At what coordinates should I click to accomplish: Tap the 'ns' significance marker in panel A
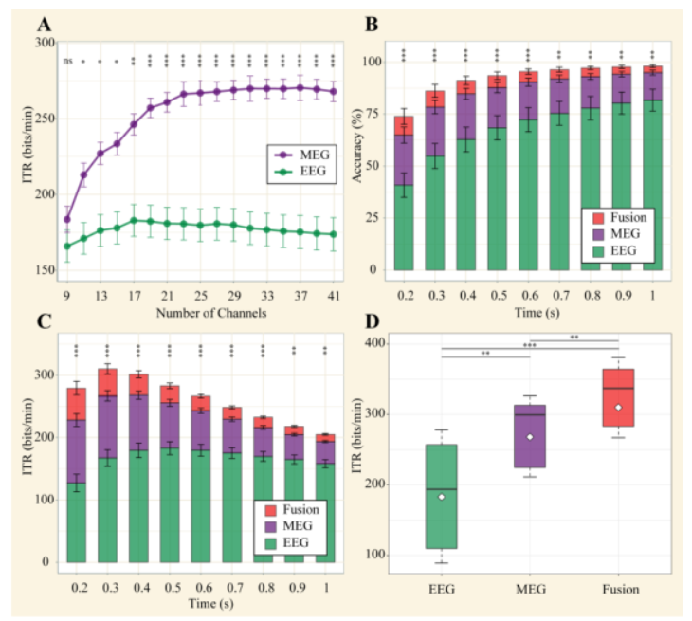click(67, 62)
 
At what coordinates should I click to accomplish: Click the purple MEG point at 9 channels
click(67, 219)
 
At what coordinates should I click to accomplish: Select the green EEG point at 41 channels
click(334, 234)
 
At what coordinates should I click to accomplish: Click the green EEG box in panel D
click(442, 496)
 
